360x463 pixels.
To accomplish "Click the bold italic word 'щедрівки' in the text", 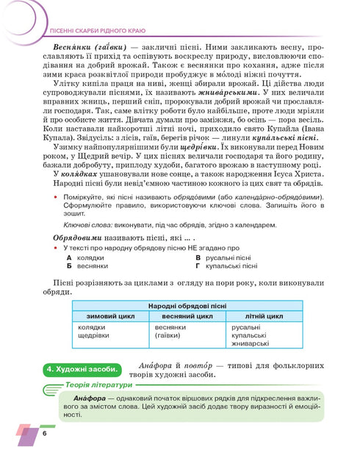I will [x=196, y=190].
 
